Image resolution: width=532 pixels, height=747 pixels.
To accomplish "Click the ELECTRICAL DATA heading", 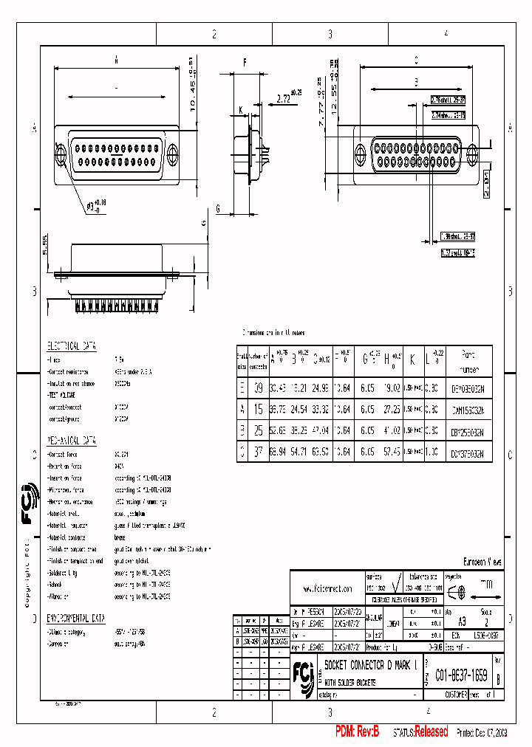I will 72,345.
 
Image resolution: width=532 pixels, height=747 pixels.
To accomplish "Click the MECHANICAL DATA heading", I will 72,441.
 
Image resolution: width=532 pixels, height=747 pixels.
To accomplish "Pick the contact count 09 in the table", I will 258,388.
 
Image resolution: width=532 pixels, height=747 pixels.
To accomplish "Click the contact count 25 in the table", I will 258,429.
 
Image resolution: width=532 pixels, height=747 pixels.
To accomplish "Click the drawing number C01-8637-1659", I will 460,674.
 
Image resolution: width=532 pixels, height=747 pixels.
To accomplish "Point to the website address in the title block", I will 327,590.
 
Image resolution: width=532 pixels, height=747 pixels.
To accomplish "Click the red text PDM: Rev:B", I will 357,731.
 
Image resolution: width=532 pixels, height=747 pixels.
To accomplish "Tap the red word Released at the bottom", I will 431,731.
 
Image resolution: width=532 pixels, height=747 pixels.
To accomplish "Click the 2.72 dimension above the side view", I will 283,97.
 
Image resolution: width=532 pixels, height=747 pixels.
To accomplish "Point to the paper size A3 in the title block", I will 463,622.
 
